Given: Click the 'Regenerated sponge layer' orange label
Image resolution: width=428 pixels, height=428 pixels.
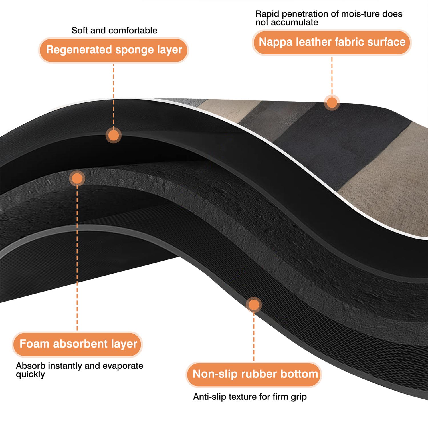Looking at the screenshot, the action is pyautogui.click(x=114, y=50).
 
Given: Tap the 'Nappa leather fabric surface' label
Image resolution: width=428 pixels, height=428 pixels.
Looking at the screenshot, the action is pyautogui.click(x=332, y=42).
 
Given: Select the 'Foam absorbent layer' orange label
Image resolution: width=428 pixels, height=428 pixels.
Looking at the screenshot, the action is pyautogui.click(x=77, y=344).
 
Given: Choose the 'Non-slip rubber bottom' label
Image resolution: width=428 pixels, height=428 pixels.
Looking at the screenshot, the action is pyautogui.click(x=254, y=374).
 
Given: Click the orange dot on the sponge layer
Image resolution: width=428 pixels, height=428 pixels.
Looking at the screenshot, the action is pyautogui.click(x=114, y=135).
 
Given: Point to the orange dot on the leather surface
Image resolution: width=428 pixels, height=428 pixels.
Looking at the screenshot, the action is pyautogui.click(x=332, y=103).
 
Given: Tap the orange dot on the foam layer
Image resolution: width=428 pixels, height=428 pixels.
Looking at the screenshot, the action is pyautogui.click(x=77, y=179).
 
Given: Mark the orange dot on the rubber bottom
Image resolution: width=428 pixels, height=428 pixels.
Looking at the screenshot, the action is pyautogui.click(x=254, y=305).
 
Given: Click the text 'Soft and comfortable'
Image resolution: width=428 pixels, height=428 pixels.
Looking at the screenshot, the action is pyautogui.click(x=114, y=30).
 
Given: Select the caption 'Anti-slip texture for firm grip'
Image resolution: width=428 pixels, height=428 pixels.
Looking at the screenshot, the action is pyautogui.click(x=250, y=397).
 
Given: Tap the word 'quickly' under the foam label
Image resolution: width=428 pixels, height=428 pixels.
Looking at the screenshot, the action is pyautogui.click(x=30, y=374).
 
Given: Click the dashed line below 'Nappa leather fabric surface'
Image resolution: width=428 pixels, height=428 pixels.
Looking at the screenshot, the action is pyautogui.click(x=332, y=76).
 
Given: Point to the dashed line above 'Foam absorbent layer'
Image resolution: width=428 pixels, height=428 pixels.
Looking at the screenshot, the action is pyautogui.click(x=77, y=259).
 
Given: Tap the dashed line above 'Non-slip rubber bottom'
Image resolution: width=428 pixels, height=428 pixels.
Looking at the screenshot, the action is pyautogui.click(x=254, y=337).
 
